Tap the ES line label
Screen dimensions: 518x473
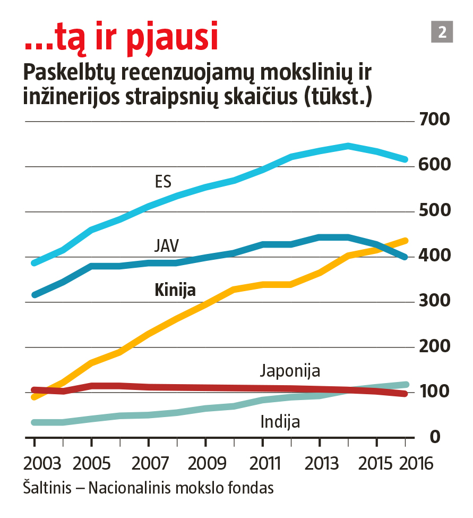[x=163, y=182]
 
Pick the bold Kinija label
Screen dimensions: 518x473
[x=175, y=290]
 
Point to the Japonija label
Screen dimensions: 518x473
[x=290, y=371]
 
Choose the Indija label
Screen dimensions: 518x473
[x=280, y=422]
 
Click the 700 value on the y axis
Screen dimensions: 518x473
[x=434, y=120]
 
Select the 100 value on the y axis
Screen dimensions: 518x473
[x=434, y=392]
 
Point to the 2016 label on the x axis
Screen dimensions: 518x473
[x=416, y=463]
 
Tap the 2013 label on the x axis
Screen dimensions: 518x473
[x=321, y=463]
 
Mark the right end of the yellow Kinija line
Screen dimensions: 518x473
[x=405, y=241]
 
